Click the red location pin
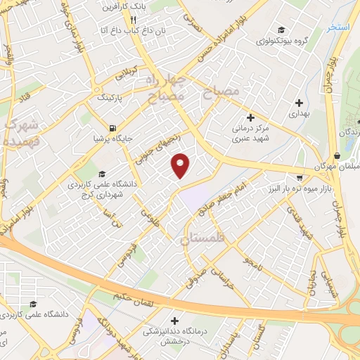(x=182, y=165)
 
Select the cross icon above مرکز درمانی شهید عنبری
(x=251, y=117)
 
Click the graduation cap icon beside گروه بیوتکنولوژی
(x=281, y=30)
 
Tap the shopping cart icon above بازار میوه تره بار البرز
(x=300, y=177)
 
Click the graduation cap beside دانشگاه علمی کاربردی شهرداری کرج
(x=102, y=174)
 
